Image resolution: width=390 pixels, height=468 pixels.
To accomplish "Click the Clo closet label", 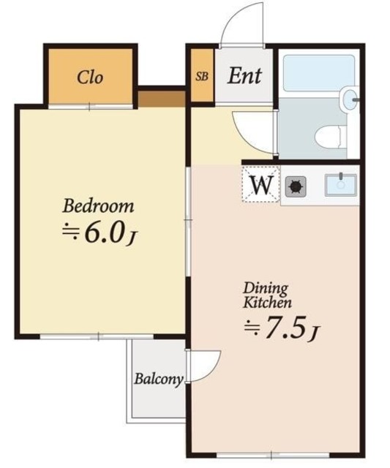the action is [90, 78].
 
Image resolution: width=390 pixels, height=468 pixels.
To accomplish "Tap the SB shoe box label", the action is [202, 77].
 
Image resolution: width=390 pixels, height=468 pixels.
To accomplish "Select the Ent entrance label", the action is [244, 76].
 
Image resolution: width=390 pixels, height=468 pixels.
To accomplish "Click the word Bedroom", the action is [98, 206].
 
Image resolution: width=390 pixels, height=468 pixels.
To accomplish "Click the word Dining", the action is [266, 289].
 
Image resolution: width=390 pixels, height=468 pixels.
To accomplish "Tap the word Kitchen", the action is [267, 303].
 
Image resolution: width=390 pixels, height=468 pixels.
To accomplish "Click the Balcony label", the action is [158, 380].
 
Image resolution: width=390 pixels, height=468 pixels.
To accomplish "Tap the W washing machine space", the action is [261, 185].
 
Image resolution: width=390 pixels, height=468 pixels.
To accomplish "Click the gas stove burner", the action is [296, 186].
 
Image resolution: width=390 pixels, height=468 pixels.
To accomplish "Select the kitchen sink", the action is [340, 185].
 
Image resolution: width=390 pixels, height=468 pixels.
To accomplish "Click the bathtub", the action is [318, 73].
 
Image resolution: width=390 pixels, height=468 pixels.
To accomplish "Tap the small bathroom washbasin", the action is [349, 99].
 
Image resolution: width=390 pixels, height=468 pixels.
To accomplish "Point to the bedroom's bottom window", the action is [97, 336].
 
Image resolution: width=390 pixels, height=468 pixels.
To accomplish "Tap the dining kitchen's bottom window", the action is [272, 456].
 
